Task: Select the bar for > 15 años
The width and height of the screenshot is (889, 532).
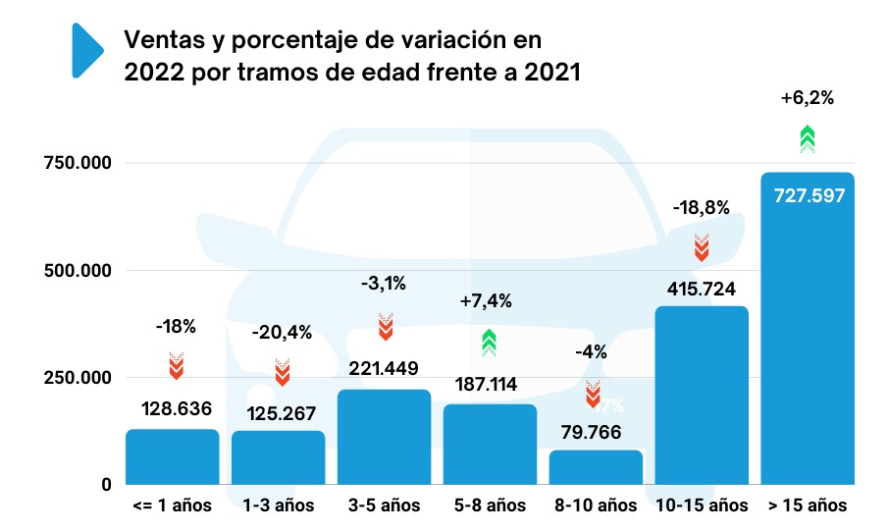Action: [x=808, y=334]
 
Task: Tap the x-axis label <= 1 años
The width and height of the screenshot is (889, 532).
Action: [x=172, y=506]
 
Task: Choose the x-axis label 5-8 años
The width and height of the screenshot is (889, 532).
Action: [x=490, y=506]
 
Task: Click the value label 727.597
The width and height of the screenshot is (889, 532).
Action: [x=808, y=195]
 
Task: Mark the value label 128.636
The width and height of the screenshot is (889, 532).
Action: [x=172, y=408]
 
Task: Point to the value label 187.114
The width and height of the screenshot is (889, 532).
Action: [x=490, y=384]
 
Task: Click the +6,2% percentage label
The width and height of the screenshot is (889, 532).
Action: [x=807, y=98]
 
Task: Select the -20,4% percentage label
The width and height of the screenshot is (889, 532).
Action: [x=282, y=332]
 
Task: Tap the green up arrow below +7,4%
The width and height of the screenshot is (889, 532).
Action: [x=490, y=342]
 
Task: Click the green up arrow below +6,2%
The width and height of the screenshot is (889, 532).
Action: [x=807, y=139]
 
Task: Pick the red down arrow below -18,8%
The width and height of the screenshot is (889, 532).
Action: [x=702, y=246]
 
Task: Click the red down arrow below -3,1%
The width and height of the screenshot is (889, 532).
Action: [x=386, y=326]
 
